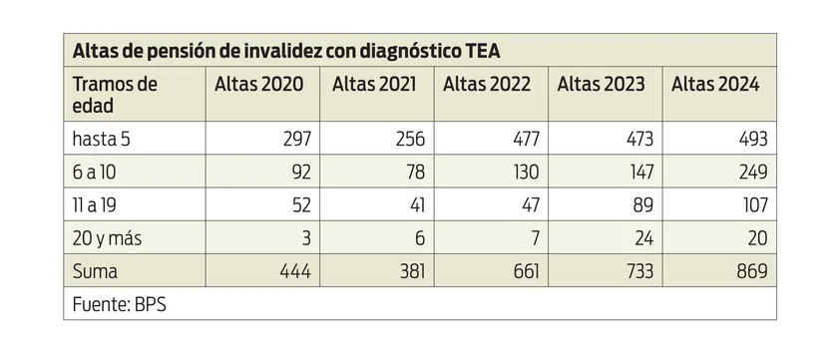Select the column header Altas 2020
(x=259, y=85)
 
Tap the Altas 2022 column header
(x=489, y=85)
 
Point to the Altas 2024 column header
(x=715, y=85)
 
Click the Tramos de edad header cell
(x=116, y=95)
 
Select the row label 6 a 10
(x=96, y=172)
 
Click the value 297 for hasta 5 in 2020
(x=297, y=138)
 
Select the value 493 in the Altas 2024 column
(x=752, y=138)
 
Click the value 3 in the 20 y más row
(x=308, y=238)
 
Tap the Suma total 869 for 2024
(x=752, y=271)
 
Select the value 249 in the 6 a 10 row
(x=752, y=172)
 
